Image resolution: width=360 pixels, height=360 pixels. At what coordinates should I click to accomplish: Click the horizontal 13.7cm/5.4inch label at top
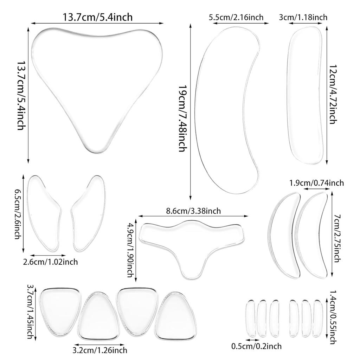tap(97, 17)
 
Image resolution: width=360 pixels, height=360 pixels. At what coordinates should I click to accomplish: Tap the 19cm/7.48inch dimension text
tap(182, 118)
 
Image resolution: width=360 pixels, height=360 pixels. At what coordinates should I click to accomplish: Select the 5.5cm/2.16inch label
tap(236, 17)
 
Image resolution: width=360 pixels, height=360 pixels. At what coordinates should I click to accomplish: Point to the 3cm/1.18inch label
tap(303, 17)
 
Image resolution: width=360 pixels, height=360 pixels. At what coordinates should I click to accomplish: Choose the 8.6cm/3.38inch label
tap(193, 211)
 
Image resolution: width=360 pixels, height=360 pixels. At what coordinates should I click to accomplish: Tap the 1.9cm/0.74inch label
tap(316, 182)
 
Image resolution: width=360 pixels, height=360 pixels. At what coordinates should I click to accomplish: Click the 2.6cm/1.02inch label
tap(50, 262)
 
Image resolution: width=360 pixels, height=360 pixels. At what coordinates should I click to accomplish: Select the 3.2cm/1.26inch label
tap(99, 350)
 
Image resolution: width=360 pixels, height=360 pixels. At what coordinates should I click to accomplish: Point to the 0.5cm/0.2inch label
tap(256, 346)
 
